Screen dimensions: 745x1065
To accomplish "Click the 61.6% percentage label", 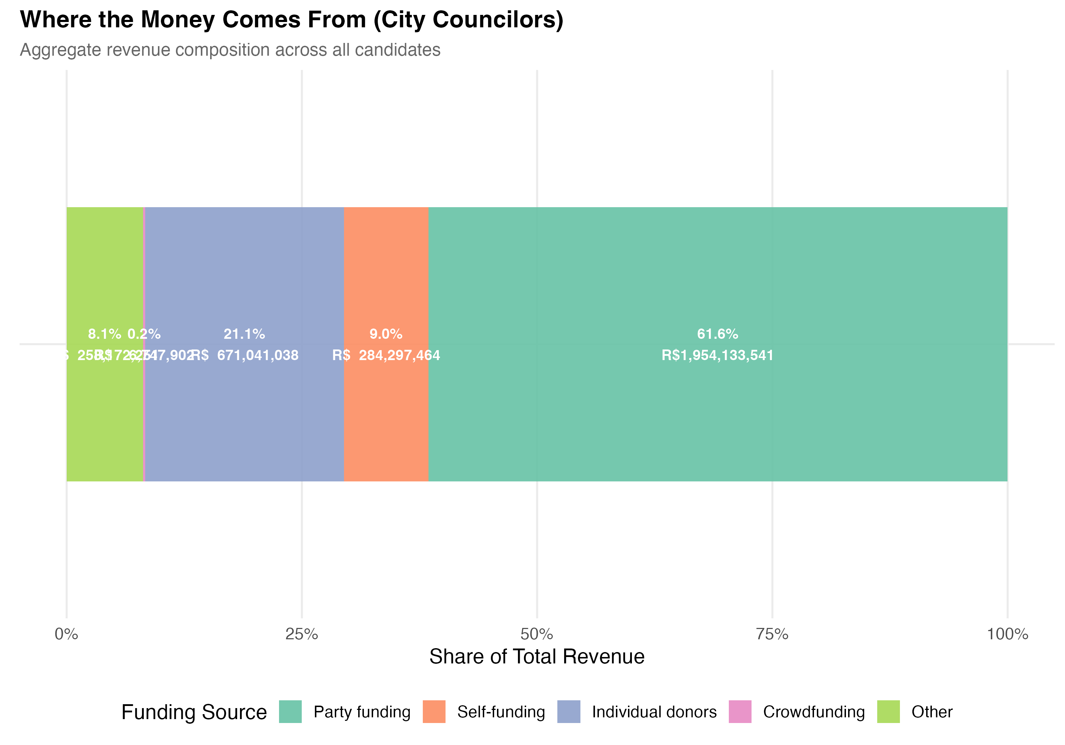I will [x=717, y=334].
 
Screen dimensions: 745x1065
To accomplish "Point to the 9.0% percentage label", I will [x=386, y=334].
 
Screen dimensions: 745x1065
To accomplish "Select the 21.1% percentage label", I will [x=245, y=334].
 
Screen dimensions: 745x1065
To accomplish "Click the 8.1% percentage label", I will [x=104, y=334].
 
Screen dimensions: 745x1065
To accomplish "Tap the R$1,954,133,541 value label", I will [x=717, y=355].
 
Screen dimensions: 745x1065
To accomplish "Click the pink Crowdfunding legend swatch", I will [x=740, y=712].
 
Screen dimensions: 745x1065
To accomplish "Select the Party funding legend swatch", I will [x=290, y=712].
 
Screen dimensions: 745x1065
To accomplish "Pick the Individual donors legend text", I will [x=654, y=712].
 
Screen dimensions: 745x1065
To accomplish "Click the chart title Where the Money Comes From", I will [x=291, y=20].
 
